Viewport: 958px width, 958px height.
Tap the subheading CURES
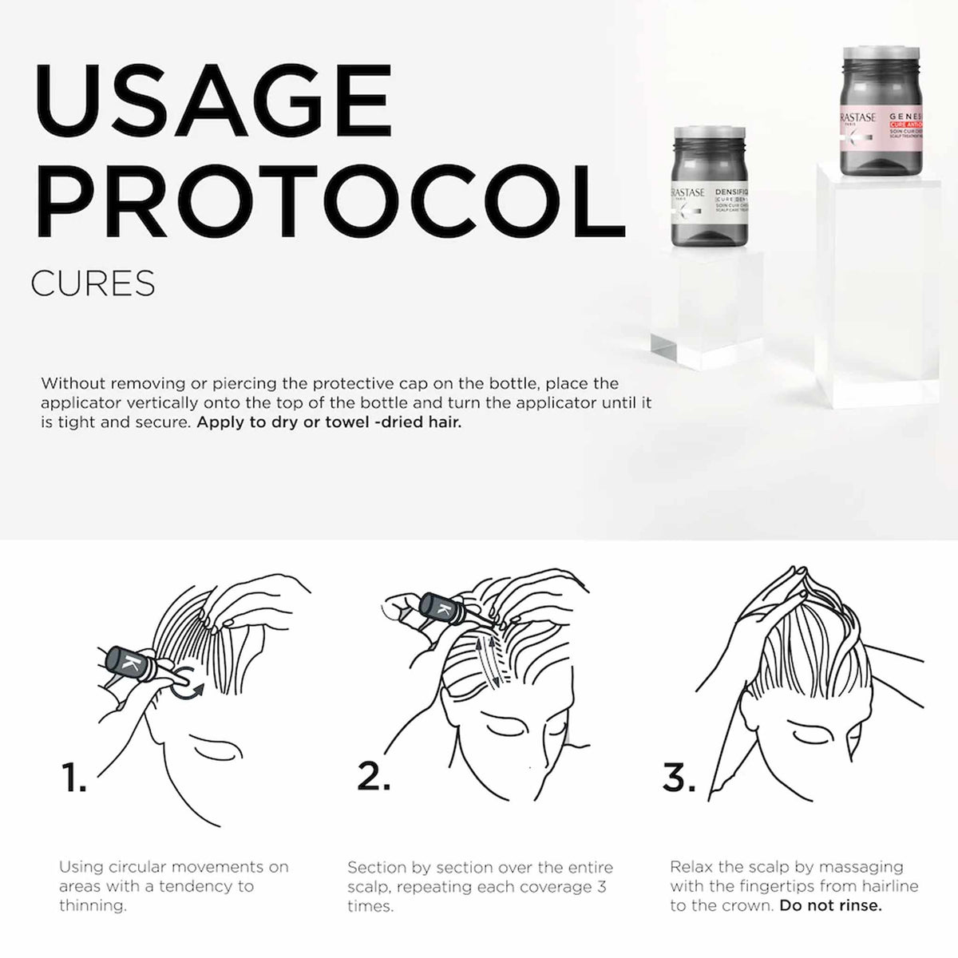(93, 283)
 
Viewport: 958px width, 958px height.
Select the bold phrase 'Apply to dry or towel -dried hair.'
(329, 422)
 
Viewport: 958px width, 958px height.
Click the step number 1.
(73, 778)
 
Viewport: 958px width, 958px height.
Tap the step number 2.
(374, 777)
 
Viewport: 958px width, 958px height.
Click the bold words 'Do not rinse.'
(831, 906)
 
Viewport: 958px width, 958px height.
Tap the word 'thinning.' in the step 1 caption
(93, 906)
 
